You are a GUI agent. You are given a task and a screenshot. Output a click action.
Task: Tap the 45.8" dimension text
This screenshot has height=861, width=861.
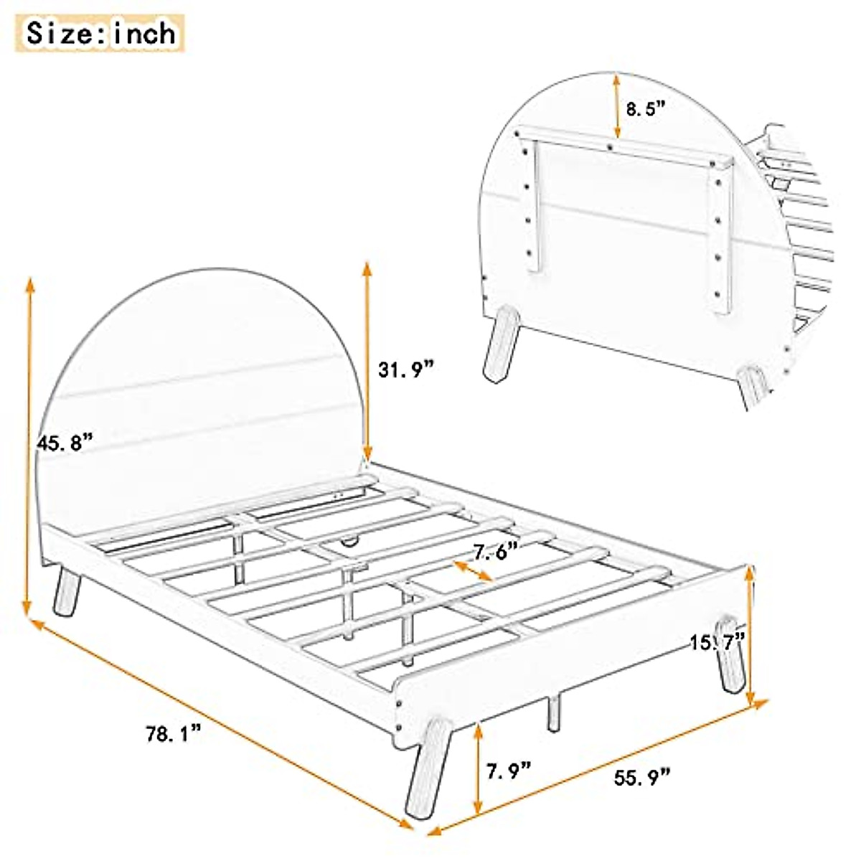pyautogui.click(x=65, y=442)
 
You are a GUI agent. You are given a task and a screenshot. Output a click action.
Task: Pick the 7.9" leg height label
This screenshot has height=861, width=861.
pyautogui.click(x=509, y=771)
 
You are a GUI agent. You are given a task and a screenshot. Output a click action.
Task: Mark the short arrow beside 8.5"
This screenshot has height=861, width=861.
pyautogui.click(x=616, y=105)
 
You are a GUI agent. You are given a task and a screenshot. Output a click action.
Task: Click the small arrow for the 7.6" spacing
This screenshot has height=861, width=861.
pyautogui.click(x=473, y=570)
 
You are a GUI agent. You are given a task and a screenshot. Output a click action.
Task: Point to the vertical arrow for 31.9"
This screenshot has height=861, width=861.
pyautogui.click(x=367, y=362)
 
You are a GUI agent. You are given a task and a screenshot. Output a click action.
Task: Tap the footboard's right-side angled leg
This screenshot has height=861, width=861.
pyautogui.click(x=730, y=654)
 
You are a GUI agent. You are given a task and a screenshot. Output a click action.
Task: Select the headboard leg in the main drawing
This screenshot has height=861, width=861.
pyautogui.click(x=67, y=591)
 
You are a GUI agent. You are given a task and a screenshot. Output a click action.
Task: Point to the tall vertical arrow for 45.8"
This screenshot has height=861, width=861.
pyautogui.click(x=29, y=446)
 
